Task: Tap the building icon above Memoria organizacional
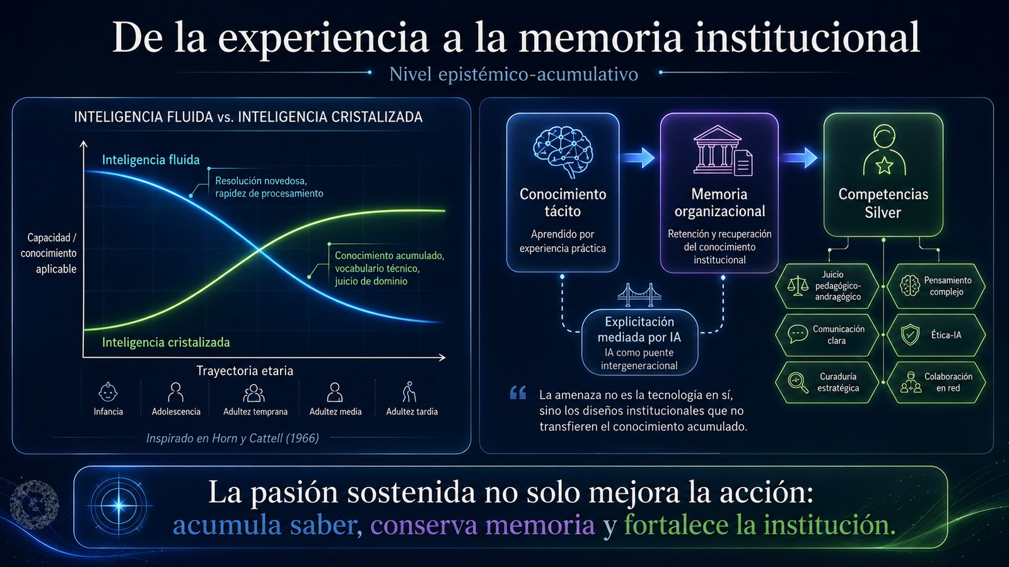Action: point(723,150)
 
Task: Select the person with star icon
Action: point(884,150)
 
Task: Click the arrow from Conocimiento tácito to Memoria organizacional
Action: point(638,157)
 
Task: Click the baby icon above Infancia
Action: point(108,392)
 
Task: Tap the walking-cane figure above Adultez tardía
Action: point(409,392)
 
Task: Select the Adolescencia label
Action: point(176,412)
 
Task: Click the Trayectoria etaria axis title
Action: point(245,371)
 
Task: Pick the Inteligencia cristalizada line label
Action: point(166,343)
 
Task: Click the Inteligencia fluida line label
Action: point(151,160)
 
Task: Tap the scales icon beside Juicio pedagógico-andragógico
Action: point(798,286)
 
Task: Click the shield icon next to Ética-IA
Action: point(910,335)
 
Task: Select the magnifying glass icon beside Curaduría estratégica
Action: point(798,383)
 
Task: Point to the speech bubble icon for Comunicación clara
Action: point(798,335)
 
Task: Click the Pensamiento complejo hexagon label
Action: point(947,286)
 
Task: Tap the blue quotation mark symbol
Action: point(518,393)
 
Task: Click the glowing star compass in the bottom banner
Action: point(119,505)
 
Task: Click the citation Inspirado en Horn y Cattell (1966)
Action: point(233,438)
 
